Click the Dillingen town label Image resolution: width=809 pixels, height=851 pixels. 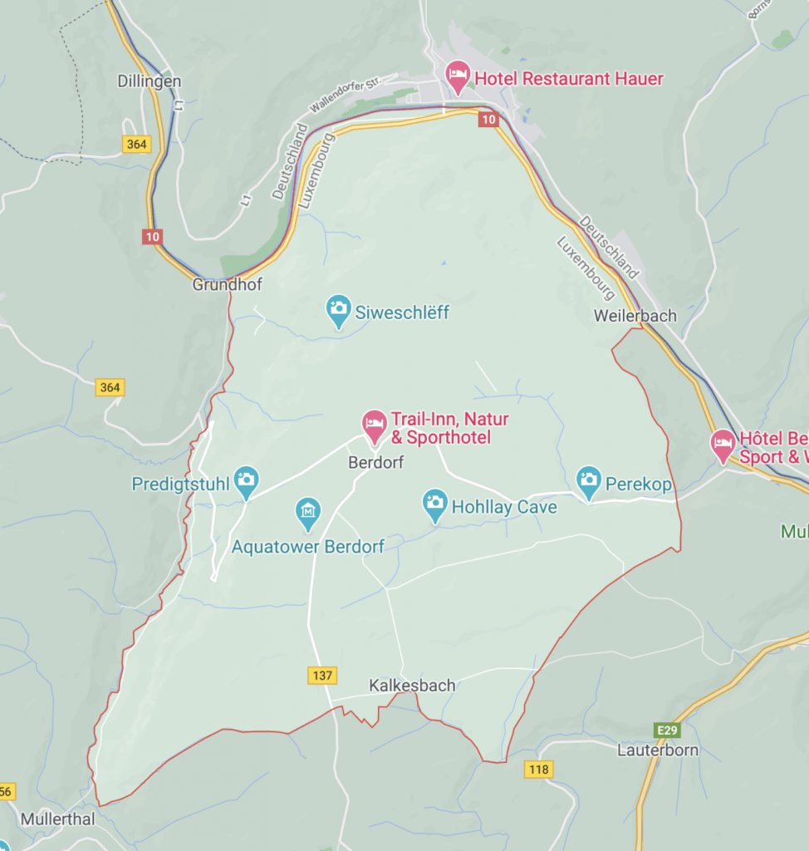150,81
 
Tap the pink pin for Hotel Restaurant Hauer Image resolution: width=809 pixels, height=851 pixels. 457,77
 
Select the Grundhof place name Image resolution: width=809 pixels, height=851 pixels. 227,284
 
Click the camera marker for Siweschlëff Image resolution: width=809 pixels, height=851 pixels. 338,310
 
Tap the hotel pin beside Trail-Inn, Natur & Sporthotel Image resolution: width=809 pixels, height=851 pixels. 375,425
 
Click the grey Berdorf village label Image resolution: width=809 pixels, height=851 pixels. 375,463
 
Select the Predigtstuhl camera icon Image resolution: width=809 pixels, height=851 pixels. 245,480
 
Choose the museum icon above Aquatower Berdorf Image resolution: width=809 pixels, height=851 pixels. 308,512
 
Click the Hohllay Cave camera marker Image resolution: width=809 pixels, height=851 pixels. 434,504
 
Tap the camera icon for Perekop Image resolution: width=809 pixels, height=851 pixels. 589,480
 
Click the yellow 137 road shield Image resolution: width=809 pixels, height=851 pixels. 321,675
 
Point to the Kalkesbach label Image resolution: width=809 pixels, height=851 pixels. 412,686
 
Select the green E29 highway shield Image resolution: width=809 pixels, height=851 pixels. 667,730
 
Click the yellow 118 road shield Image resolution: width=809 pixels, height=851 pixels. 538,770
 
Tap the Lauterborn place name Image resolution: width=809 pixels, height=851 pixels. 658,750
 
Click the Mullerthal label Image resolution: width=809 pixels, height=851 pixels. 57,819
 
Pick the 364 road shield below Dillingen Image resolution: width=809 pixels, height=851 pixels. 136,144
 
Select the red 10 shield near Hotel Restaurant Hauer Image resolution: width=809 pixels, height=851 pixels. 489,120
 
